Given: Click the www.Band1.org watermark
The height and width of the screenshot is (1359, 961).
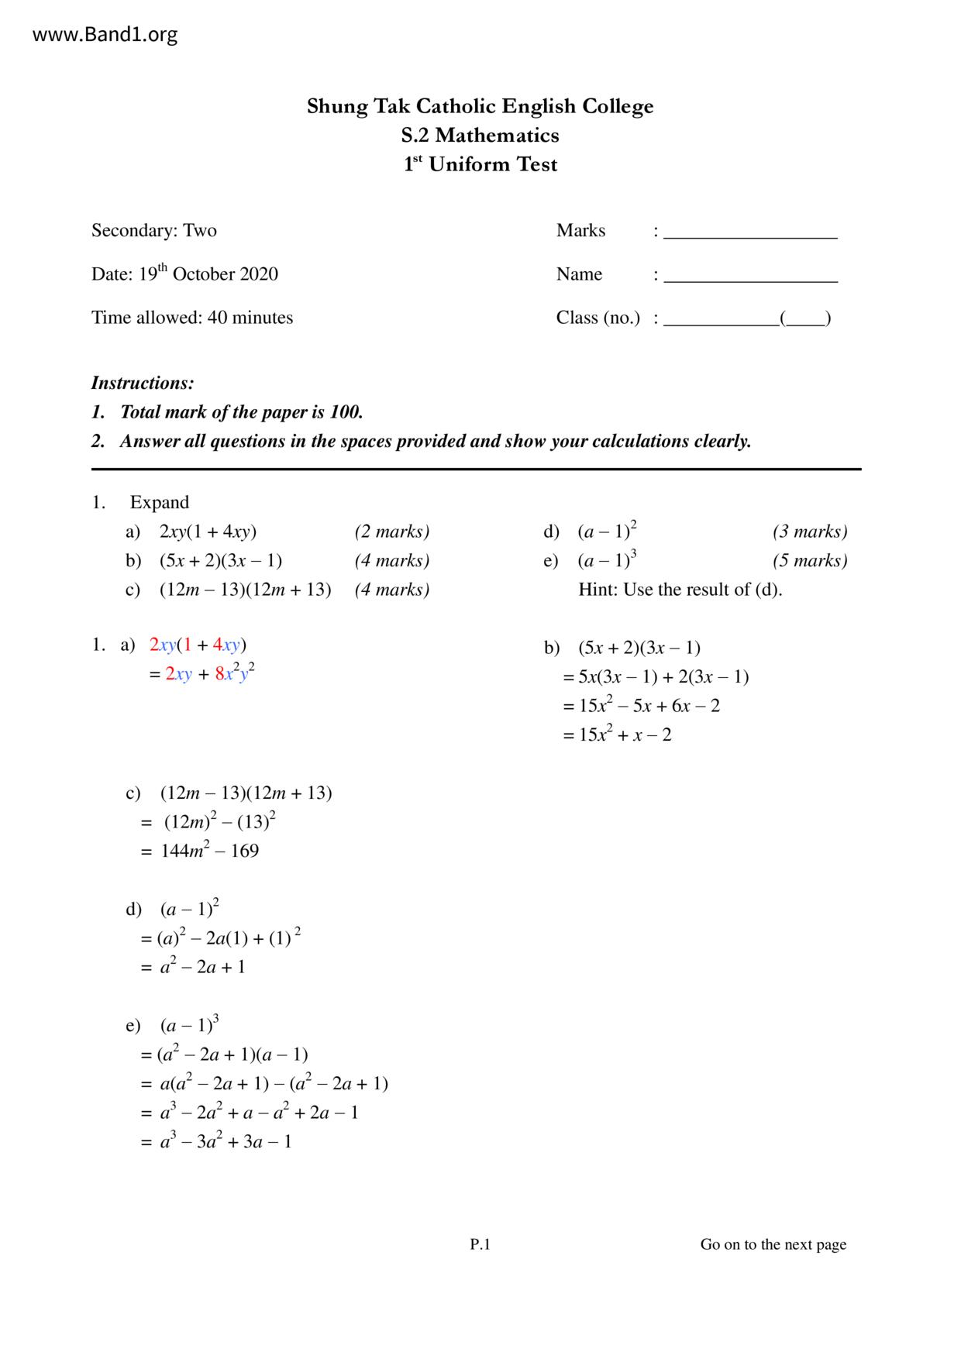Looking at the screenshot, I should [x=105, y=35].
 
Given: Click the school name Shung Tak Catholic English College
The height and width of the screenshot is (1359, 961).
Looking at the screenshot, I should [x=480, y=106].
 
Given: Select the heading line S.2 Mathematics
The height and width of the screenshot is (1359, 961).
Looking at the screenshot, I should [x=480, y=136].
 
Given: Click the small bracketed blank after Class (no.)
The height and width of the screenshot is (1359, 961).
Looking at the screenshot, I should [x=806, y=318].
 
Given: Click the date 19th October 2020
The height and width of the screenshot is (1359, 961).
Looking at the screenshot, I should [x=208, y=274].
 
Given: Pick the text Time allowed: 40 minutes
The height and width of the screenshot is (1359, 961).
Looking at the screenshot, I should [x=192, y=318].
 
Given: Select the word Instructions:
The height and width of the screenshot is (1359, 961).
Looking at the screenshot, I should [x=143, y=383].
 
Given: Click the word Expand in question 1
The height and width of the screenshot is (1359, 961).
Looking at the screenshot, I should [x=160, y=502].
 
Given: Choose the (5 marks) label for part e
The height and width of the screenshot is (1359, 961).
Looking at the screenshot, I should [x=810, y=561].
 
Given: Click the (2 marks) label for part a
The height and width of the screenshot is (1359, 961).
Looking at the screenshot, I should [x=392, y=532].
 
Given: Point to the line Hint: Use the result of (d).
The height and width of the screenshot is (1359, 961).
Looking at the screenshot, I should [x=680, y=590].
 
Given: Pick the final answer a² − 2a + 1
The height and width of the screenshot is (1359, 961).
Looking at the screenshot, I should [x=202, y=967].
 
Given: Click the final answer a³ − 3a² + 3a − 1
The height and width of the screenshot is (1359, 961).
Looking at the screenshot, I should [x=226, y=1141].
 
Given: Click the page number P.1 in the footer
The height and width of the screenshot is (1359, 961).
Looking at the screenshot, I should [x=480, y=1244].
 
